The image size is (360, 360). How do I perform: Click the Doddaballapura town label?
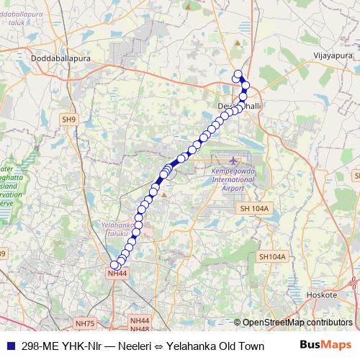pos(57,57)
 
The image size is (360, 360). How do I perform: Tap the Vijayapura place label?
pos(335,54)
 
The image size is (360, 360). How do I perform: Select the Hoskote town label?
pos(321,296)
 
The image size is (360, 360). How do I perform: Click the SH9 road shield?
pos(68,120)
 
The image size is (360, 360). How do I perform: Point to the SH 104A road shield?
pos(252,208)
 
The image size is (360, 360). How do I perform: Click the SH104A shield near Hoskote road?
pos(272,256)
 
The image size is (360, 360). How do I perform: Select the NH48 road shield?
pos(140,328)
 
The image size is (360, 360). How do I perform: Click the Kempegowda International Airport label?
pos(228,179)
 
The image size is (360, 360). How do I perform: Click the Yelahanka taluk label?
pos(109,228)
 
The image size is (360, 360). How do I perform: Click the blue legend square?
pos(10,345)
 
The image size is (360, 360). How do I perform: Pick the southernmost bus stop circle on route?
pos(114,266)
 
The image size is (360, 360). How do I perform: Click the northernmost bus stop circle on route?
pos(238,73)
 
